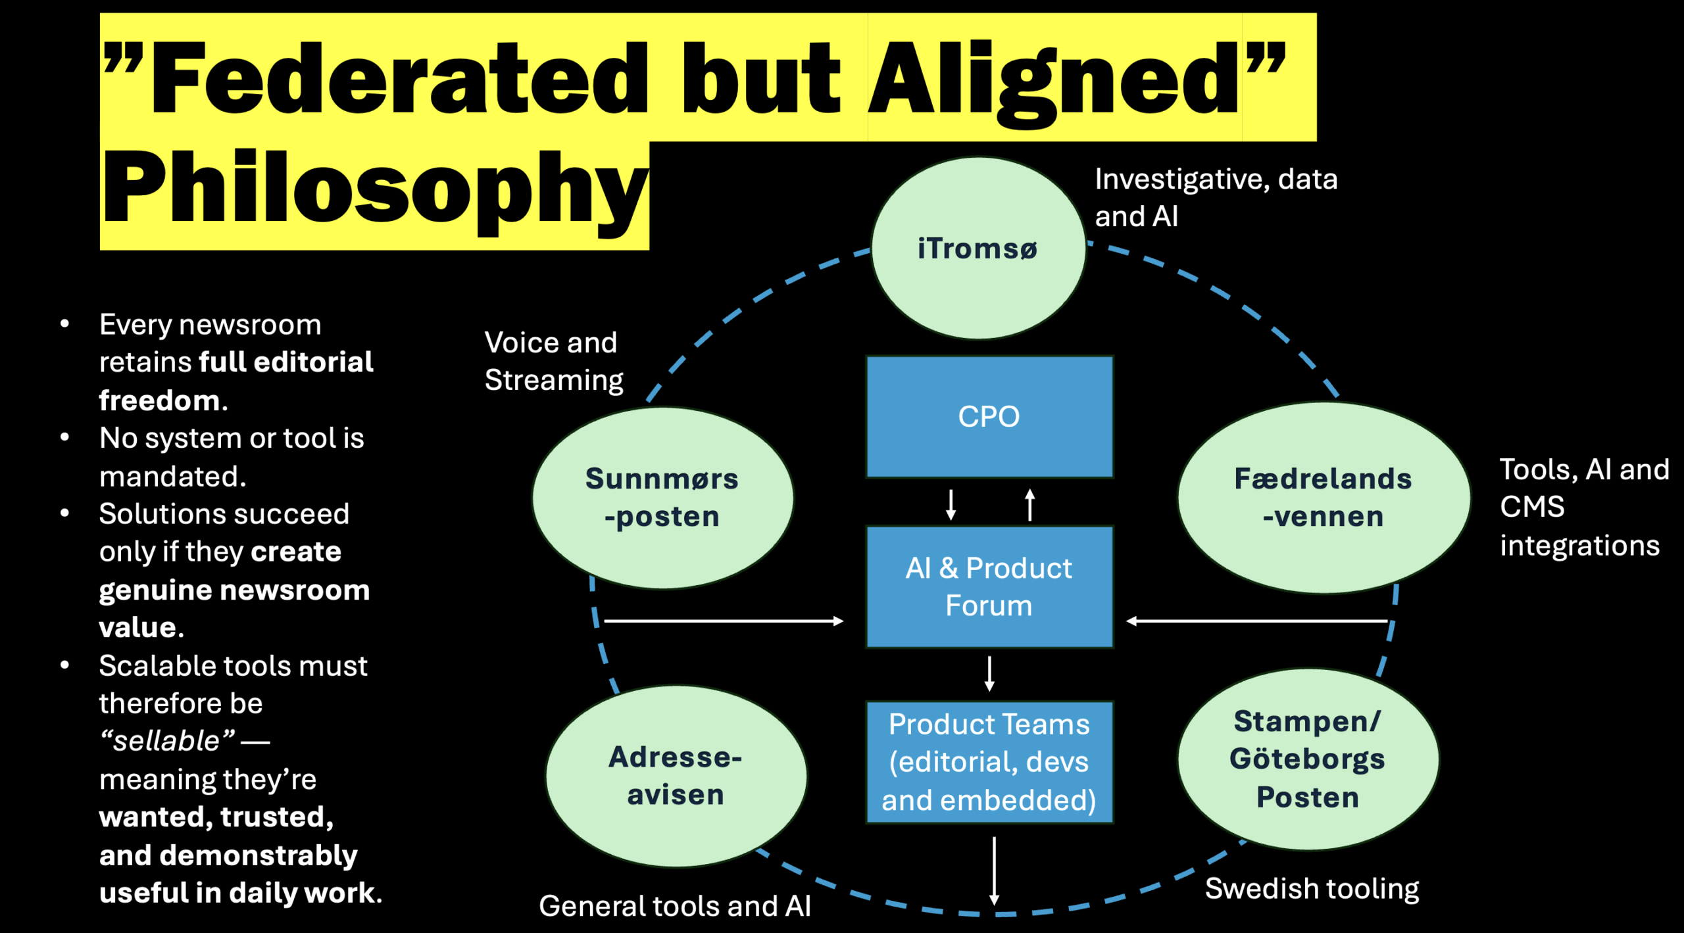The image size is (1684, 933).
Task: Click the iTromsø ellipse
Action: tap(978, 249)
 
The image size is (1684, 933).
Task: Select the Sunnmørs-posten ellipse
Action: tap(662, 498)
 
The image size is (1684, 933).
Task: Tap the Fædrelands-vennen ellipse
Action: tap(1323, 498)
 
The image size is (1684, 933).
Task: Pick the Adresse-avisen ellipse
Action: tap(676, 776)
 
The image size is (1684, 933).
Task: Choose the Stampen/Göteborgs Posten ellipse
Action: tap(1308, 759)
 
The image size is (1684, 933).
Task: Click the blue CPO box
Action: tap(989, 417)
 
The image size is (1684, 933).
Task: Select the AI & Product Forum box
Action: tap(989, 586)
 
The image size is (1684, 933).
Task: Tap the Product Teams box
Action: tap(989, 762)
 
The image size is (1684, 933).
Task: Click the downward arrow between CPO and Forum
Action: tap(951, 504)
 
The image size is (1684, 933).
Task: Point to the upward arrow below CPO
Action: tap(1030, 504)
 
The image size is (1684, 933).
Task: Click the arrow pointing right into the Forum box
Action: tap(724, 621)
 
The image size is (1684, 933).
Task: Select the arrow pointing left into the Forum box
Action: tap(1256, 621)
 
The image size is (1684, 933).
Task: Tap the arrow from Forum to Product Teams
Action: tap(989, 673)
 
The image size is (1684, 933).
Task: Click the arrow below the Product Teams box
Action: tap(994, 871)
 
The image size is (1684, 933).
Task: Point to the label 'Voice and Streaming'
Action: tap(553, 361)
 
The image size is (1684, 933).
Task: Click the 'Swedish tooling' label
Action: tap(1312, 888)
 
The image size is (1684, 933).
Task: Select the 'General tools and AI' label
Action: tap(674, 906)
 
